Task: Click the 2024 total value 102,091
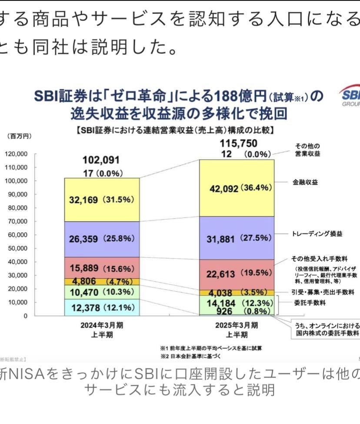[x=101, y=160]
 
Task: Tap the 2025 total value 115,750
[x=238, y=144]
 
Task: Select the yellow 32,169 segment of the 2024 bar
[x=102, y=200]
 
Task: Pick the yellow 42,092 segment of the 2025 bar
[x=237, y=188]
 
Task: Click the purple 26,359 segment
[x=102, y=239]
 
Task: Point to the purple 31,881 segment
[x=237, y=239]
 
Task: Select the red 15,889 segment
[x=102, y=268]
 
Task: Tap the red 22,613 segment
[x=237, y=274]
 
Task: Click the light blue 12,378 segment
[x=102, y=307]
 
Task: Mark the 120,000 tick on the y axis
[x=16, y=154]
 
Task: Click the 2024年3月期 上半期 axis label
[x=102, y=330]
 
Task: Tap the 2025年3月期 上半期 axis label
[x=237, y=330]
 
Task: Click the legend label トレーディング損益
[x=317, y=234]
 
